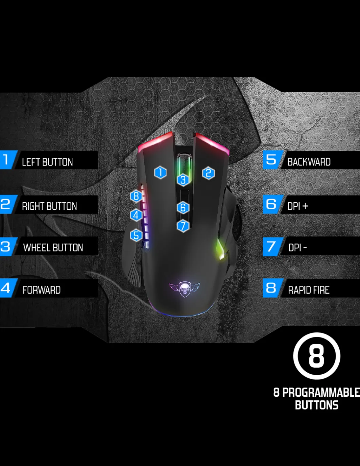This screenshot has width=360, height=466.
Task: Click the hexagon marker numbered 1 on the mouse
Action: pos(160,173)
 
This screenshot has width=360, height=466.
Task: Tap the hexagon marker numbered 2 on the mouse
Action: pos(209,173)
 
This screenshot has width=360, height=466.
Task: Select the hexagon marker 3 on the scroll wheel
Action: pos(183,179)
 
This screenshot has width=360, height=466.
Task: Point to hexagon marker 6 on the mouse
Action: pos(183,207)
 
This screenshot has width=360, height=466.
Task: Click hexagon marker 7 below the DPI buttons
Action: pos(183,225)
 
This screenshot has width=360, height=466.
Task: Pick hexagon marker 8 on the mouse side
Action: pos(136,196)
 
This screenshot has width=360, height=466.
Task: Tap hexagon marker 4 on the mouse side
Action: pos(136,215)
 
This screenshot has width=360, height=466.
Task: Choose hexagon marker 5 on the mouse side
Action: pos(136,235)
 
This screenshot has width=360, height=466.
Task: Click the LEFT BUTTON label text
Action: pos(47,162)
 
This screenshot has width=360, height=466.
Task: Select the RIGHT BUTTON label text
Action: pos(49,206)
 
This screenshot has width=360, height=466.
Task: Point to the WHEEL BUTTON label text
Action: pos(53,247)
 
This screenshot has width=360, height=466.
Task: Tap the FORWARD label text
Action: pos(41,290)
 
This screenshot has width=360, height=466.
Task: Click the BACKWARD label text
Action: pos(309,162)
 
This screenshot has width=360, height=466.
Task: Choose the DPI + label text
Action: pos(298,206)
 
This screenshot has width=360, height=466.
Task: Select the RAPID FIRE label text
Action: pos(309,290)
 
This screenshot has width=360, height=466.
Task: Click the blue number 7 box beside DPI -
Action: pos(271,246)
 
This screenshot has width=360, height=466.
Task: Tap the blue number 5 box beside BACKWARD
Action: pos(271,160)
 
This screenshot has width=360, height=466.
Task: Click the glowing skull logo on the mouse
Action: pos(184,289)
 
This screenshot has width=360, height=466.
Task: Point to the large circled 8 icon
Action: pos(317,356)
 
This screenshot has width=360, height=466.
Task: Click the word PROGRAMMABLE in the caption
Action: pos(321,393)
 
